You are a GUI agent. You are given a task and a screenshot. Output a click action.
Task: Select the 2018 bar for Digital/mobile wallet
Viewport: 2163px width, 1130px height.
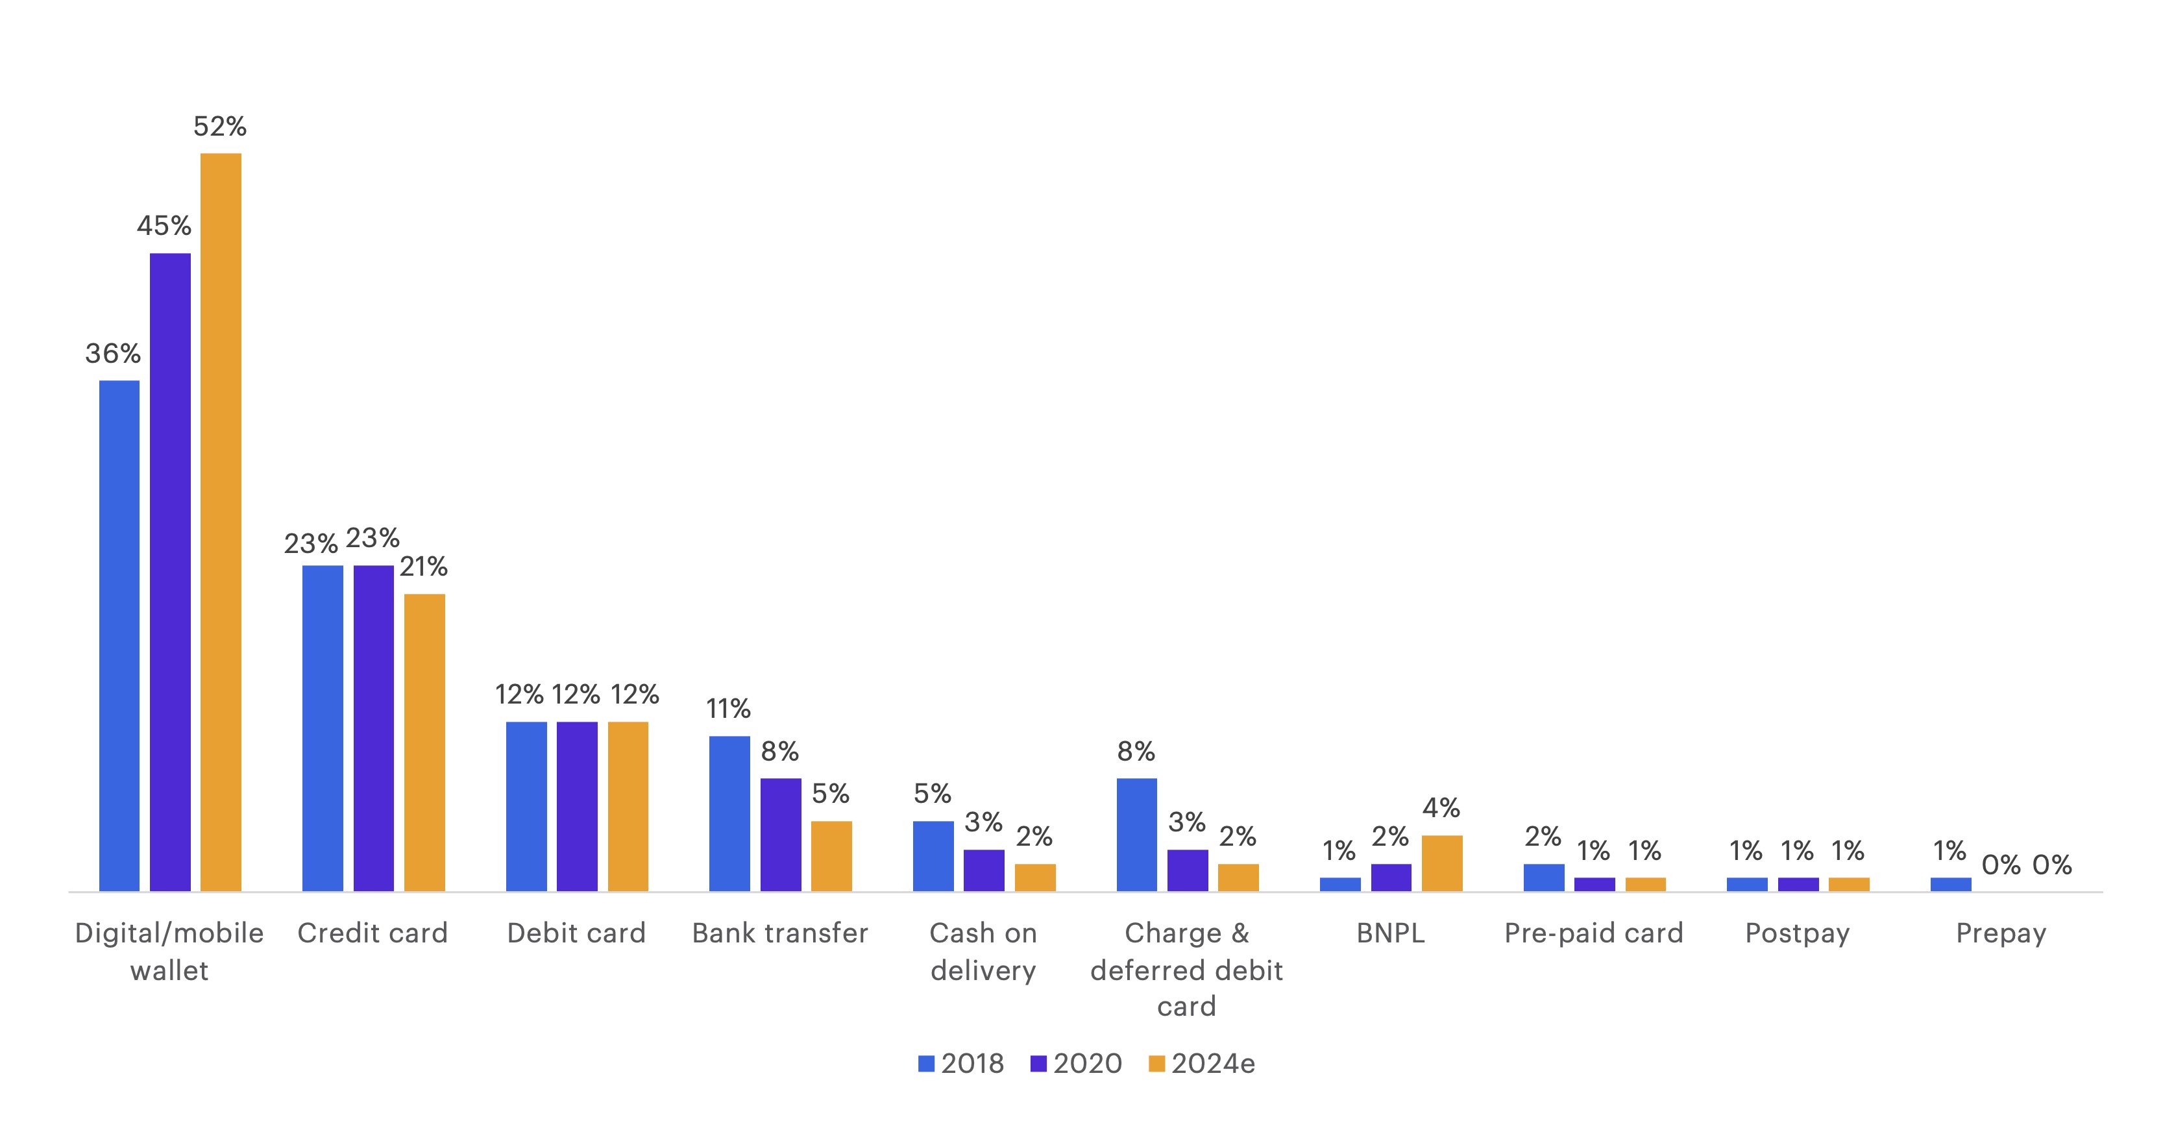pyautogui.click(x=119, y=635)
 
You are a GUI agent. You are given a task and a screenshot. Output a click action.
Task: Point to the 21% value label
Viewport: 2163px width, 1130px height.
pyautogui.click(x=423, y=567)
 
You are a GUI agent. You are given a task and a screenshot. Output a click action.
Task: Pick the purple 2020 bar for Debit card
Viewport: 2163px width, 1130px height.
pyautogui.click(x=577, y=806)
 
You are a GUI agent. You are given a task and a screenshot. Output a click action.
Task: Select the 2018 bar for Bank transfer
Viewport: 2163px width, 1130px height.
pyautogui.click(x=729, y=813)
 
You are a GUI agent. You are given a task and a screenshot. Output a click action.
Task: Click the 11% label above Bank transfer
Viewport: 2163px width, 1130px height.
pyautogui.click(x=728, y=709)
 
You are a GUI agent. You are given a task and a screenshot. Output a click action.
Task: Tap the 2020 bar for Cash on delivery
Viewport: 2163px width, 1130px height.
pyautogui.click(x=983, y=870)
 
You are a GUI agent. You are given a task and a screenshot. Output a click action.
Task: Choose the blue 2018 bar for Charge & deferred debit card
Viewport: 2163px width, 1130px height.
pyautogui.click(x=1136, y=835)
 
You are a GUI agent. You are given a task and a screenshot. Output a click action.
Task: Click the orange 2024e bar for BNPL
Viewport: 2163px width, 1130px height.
pyautogui.click(x=1442, y=863)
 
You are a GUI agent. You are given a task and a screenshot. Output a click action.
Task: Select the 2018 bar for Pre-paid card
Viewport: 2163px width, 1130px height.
pyautogui.click(x=1543, y=878)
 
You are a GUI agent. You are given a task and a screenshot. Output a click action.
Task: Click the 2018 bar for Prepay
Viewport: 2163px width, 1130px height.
pyautogui.click(x=1951, y=884)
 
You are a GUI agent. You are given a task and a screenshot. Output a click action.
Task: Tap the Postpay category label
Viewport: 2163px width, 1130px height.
pyautogui.click(x=1797, y=933)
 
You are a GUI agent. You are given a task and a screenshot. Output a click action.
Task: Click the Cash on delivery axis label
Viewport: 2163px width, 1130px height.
pyautogui.click(x=983, y=951)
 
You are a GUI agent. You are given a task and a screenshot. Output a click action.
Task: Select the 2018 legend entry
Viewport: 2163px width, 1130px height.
pyautogui.click(x=961, y=1064)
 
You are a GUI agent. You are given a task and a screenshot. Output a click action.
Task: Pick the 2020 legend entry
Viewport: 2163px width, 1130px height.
pyautogui.click(x=1077, y=1064)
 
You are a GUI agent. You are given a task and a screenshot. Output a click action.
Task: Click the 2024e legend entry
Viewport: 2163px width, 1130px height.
pyautogui.click(x=1202, y=1064)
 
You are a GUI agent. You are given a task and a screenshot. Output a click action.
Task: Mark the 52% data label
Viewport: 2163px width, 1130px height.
pyautogui.click(x=220, y=127)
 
